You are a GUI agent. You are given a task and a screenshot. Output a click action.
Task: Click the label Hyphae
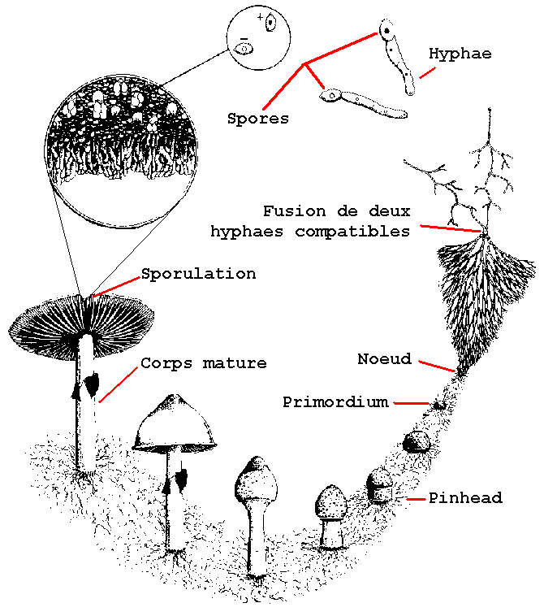coord(460,54)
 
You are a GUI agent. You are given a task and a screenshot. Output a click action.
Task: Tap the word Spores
coord(258,119)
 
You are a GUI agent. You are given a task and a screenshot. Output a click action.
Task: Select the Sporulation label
coord(198,274)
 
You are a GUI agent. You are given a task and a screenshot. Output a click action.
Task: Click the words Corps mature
coord(203,363)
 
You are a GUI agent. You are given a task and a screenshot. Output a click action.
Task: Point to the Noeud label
coord(385,359)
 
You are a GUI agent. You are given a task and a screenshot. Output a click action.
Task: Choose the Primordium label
coord(335,402)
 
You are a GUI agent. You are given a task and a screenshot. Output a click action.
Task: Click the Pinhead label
coord(465,497)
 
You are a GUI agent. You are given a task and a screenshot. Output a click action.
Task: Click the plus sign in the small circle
coord(259,16)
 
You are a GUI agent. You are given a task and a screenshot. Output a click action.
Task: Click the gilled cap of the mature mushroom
coord(81,317)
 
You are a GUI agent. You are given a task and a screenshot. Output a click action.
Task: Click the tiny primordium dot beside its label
coord(438,404)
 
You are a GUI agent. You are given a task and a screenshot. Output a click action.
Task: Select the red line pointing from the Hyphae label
coord(426,72)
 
